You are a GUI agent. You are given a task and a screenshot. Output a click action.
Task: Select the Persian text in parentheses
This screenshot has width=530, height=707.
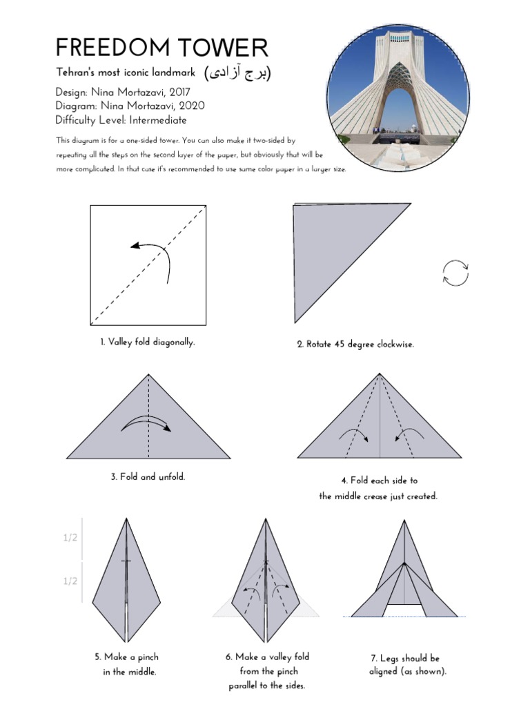tap(237, 73)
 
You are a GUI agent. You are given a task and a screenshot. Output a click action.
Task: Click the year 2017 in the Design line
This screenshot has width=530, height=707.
tap(176, 92)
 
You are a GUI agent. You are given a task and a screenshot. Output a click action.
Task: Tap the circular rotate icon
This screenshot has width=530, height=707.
tap(455, 272)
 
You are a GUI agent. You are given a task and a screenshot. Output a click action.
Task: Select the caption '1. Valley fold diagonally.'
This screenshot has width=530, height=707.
tap(147, 342)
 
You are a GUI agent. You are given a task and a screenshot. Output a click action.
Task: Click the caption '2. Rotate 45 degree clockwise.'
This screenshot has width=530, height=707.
tap(355, 344)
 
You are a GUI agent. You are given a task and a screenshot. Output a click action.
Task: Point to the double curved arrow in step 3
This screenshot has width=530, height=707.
tap(146, 424)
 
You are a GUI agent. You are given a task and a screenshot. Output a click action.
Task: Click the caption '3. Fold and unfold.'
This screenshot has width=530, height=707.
tap(148, 477)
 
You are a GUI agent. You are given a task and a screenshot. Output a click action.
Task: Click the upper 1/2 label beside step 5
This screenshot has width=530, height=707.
tap(70, 538)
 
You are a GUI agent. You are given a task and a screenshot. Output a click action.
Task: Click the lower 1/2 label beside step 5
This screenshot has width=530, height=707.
tap(70, 581)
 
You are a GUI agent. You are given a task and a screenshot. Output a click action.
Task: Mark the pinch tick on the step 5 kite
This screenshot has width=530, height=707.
tap(126, 561)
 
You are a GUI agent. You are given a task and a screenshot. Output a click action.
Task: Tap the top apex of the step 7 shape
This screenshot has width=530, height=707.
tap(404, 520)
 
